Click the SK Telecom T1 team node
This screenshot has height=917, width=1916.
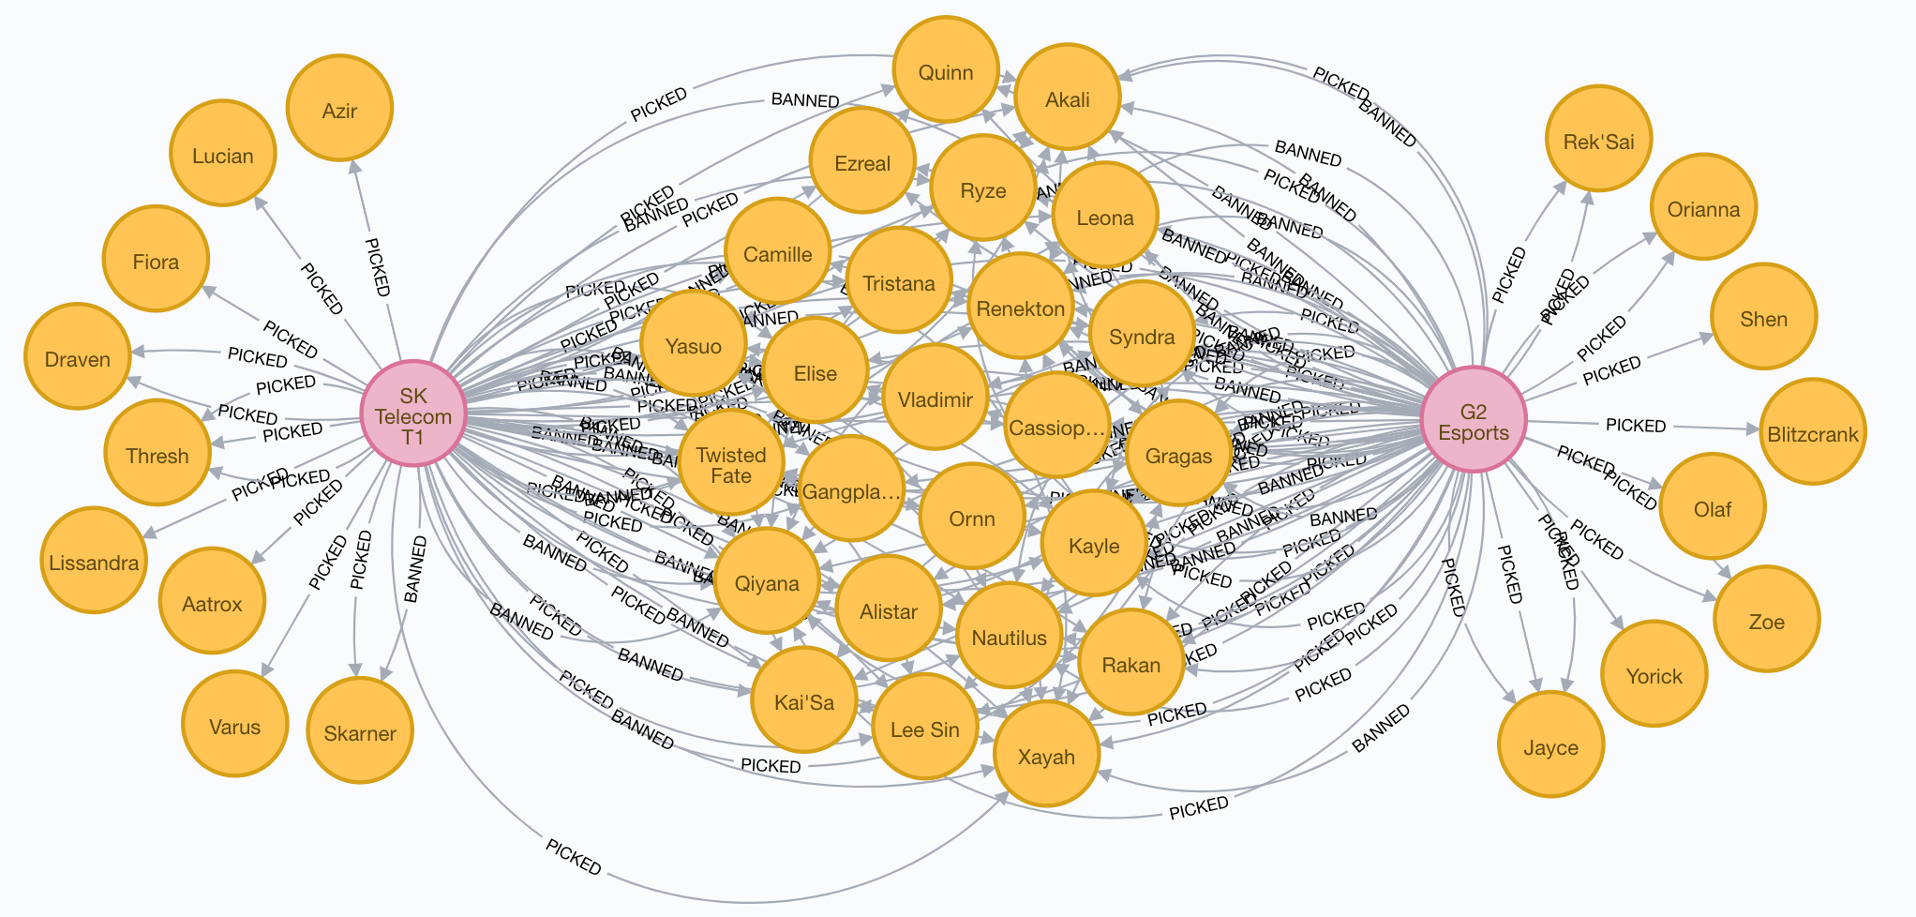pyautogui.click(x=413, y=413)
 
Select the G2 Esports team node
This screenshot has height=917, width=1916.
pyautogui.click(x=1474, y=419)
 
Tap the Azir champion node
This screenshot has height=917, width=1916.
pyautogui.click(x=339, y=110)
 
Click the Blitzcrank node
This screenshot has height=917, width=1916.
pyautogui.click(x=1813, y=432)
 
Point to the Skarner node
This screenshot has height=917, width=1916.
pyautogui.click(x=360, y=730)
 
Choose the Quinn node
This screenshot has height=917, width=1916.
pyautogui.click(x=945, y=69)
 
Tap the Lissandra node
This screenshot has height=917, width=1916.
pyautogui.click(x=94, y=561)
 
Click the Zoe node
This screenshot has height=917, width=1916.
pyautogui.click(x=1766, y=619)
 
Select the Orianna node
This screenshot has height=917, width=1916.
pyautogui.click(x=1703, y=207)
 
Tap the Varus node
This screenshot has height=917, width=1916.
pyautogui.click(x=234, y=724)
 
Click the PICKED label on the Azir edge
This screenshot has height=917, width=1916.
pyautogui.click(x=376, y=267)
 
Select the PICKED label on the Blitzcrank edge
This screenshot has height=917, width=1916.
pyautogui.click(x=1636, y=426)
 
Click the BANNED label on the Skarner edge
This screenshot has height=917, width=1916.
pyautogui.click(x=414, y=569)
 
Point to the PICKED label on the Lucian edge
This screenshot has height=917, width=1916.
pyautogui.click(x=322, y=289)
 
